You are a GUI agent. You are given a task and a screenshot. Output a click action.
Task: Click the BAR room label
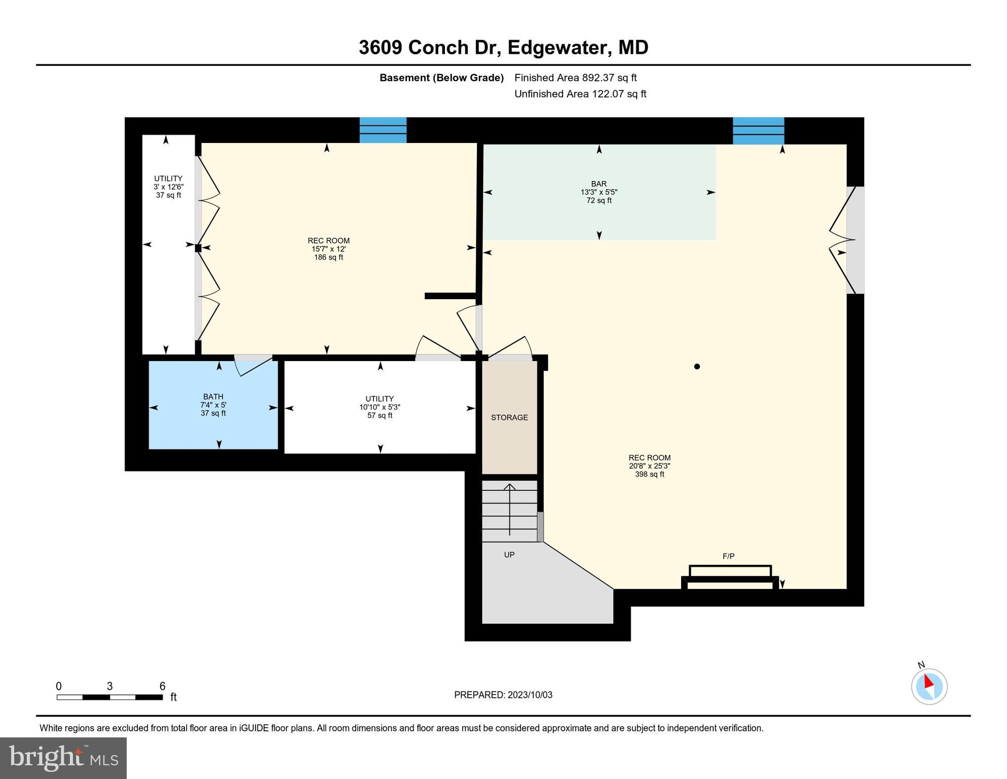599,184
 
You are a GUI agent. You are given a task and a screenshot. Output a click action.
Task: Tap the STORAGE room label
509,417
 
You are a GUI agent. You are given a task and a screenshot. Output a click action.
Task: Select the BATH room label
213,397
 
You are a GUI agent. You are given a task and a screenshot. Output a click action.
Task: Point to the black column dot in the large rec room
697,366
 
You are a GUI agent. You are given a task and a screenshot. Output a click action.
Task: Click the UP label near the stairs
509,555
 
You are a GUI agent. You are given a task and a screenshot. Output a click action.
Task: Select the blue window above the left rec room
383,130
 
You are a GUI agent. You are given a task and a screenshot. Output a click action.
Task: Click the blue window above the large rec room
758,130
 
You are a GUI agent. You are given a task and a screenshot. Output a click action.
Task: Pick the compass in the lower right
929,686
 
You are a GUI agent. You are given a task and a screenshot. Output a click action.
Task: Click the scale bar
109,697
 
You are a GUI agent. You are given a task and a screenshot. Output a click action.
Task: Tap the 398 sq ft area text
649,474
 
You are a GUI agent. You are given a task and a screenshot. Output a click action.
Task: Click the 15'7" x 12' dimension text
328,249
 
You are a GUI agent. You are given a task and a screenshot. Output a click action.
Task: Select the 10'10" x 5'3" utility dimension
380,407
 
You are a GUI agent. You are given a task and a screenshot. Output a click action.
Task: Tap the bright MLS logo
63,758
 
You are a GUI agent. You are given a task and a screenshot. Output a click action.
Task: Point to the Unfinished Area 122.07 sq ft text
580,94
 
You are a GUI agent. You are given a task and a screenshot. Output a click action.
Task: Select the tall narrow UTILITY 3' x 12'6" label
168,179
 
